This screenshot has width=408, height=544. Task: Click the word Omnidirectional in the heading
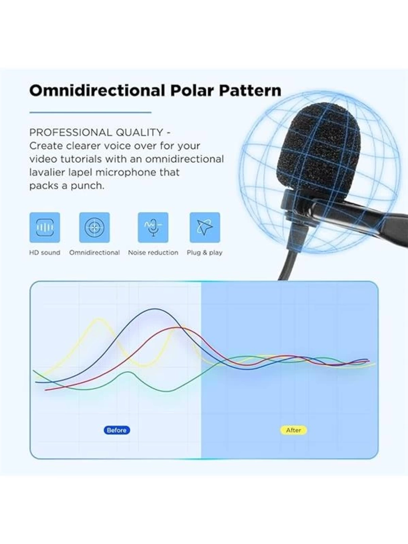[97, 90]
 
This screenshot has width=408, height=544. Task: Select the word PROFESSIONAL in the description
[70, 133]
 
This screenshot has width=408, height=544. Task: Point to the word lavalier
[43, 172]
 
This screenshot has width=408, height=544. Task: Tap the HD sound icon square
[45, 227]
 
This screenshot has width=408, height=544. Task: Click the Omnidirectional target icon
[94, 227]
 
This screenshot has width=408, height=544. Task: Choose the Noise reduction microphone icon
[153, 227]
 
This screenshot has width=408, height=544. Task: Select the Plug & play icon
[205, 227]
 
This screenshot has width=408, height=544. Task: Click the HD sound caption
[45, 253]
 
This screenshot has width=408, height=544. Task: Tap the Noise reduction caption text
[153, 253]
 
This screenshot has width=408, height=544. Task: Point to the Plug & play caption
[205, 253]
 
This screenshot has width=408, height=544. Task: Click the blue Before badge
[117, 430]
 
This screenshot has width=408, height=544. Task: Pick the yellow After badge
[294, 430]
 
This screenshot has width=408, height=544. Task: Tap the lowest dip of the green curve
[168, 391]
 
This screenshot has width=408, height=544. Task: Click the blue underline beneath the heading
[90, 112]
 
